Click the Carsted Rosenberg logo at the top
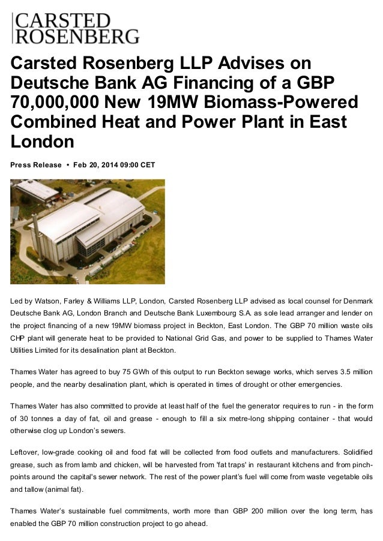pyautogui.click(x=76, y=28)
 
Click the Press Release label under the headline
pyautogui.click(x=36, y=165)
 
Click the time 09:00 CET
pyautogui.click(x=140, y=165)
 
